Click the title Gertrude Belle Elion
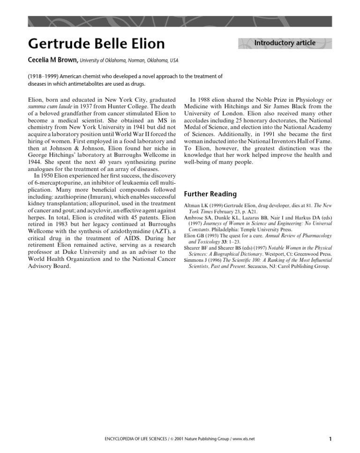(96, 44)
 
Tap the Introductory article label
(285, 43)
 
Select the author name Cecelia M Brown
(53, 60)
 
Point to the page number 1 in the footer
(330, 439)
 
